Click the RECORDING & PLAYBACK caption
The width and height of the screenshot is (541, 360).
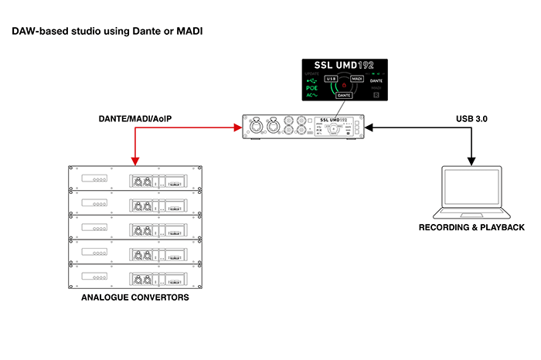[x=471, y=228]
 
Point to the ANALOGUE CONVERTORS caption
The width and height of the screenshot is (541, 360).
[x=135, y=297]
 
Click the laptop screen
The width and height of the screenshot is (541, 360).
[x=471, y=189]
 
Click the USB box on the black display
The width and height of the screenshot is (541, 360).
[x=331, y=79]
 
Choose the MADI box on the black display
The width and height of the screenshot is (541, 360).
[x=357, y=79]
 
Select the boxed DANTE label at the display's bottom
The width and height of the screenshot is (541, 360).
[x=344, y=95]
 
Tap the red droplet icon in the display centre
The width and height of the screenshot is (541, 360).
[x=344, y=85]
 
